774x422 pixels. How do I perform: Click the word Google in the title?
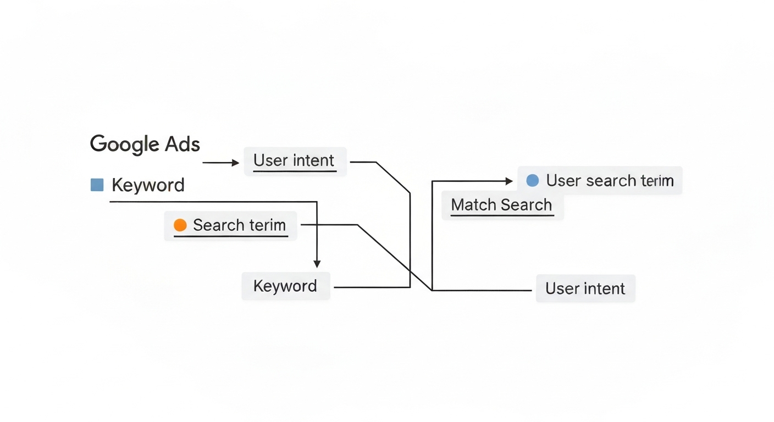click(x=124, y=145)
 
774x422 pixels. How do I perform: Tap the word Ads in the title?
click(x=183, y=144)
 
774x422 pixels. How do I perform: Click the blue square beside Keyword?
click(x=97, y=185)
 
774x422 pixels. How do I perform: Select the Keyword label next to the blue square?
click(x=148, y=185)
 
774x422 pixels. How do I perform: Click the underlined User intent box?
click(x=295, y=161)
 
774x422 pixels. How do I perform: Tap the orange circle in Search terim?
click(x=180, y=225)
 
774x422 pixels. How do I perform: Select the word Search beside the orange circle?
click(x=218, y=225)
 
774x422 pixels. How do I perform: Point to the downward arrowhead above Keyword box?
click(x=317, y=264)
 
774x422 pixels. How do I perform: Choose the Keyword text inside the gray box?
click(x=285, y=286)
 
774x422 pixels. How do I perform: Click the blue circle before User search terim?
click(x=532, y=181)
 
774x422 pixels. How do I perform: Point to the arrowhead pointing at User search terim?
click(x=508, y=181)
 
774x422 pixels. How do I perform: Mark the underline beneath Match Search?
click(x=502, y=215)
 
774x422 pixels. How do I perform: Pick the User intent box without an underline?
click(x=585, y=289)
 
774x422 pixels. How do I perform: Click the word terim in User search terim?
click(x=656, y=181)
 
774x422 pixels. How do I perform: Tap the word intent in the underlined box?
click(x=313, y=160)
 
